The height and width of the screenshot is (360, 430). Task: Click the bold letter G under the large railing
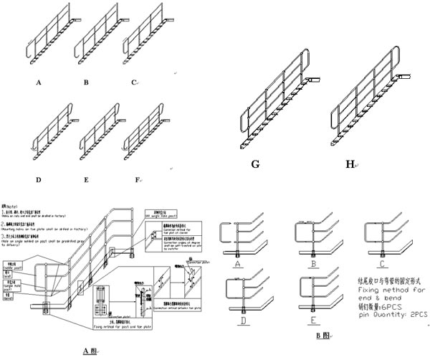coord(255,164)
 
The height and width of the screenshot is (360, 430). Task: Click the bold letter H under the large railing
coord(350,164)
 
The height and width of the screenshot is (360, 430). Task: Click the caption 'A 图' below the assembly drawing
coord(90,350)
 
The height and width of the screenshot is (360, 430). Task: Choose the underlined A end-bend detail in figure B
coord(236,264)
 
